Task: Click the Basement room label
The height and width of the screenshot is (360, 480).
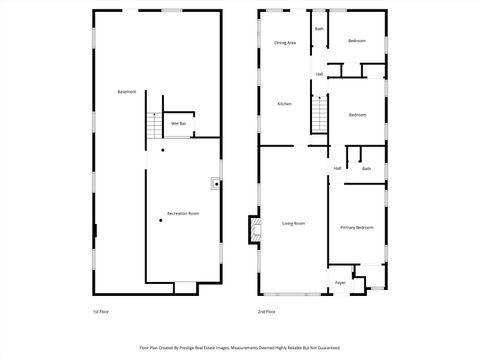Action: [x=127, y=92]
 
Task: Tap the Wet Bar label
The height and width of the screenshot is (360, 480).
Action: [x=178, y=123]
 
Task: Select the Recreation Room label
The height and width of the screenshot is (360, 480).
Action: [x=183, y=214]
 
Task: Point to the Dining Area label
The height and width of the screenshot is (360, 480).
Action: [x=285, y=43]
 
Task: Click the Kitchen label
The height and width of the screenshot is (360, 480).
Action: [x=284, y=104]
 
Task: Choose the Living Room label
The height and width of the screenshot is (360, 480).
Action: [x=293, y=223]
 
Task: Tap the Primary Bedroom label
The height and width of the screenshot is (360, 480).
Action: [x=357, y=228]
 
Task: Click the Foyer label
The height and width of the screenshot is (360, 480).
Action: [x=340, y=283]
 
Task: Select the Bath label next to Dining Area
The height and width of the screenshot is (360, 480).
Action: [x=320, y=29]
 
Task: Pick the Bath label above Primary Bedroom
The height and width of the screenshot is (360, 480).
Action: [x=367, y=169]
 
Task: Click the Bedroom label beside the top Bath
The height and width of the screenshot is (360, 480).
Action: [x=357, y=41]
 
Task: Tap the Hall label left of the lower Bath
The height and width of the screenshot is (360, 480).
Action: [x=338, y=168]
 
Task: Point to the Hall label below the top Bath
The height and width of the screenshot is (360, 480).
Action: [x=320, y=75]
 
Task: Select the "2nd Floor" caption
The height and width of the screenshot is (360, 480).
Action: [x=266, y=312]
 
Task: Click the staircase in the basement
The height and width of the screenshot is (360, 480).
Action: [x=154, y=127]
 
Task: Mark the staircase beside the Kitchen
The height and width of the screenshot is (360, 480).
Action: [x=320, y=117]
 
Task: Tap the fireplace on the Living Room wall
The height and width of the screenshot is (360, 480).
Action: [x=254, y=231]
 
